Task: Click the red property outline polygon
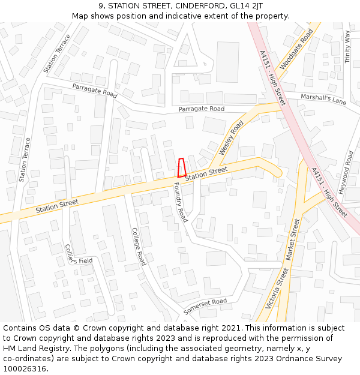click(182, 167)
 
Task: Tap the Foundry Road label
click(181, 202)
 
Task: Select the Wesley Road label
click(232, 138)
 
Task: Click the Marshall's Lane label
click(323, 99)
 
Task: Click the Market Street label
click(292, 239)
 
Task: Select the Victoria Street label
click(278, 288)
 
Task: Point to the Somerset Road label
click(205, 306)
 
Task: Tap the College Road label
click(139, 246)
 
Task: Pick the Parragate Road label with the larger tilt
click(95, 90)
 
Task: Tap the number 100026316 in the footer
click(25, 368)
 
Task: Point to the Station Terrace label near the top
click(57, 53)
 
